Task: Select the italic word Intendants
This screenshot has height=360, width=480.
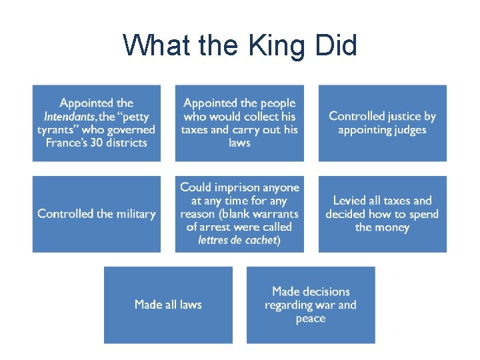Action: pyautogui.click(x=69, y=116)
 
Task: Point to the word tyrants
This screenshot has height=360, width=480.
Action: pyautogui.click(x=58, y=129)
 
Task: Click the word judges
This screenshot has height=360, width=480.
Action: pyautogui.click(x=406, y=129)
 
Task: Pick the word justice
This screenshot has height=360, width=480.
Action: pyautogui.click(x=400, y=116)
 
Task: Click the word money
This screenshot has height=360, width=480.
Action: pyautogui.click(x=391, y=227)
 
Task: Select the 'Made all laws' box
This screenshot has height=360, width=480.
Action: pyautogui.click(x=168, y=305)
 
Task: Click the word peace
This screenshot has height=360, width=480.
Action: pyautogui.click(x=311, y=319)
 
